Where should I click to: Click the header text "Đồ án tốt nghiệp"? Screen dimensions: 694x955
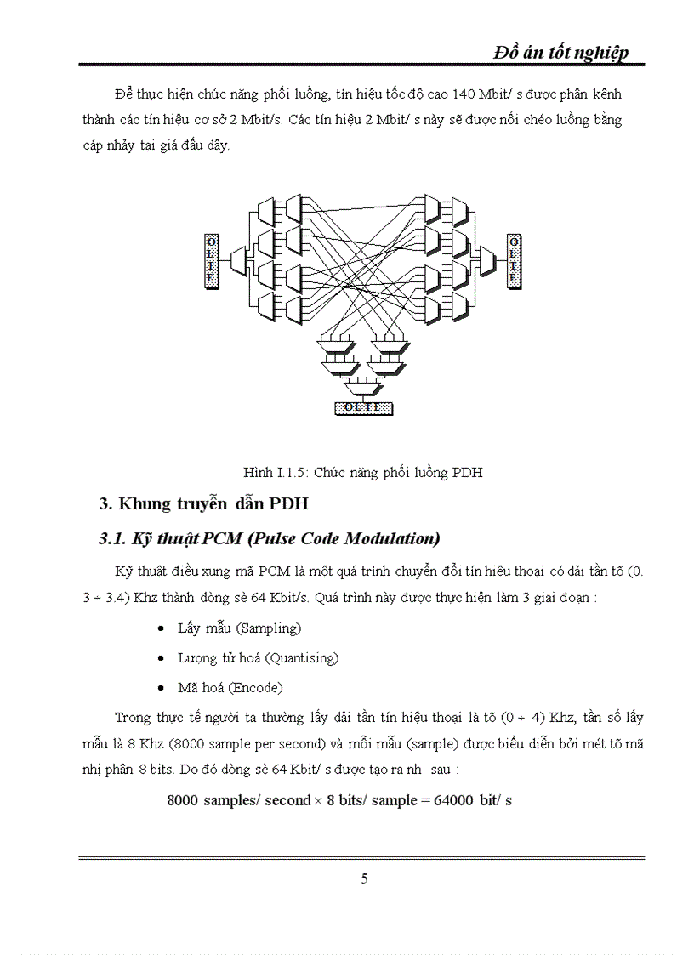coord(561,53)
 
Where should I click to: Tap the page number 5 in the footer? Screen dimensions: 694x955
coord(364,878)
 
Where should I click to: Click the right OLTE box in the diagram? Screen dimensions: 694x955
coord(514,261)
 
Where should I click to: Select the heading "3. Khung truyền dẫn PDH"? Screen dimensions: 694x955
coord(203,503)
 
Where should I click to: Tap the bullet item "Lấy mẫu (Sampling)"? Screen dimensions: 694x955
coord(239,628)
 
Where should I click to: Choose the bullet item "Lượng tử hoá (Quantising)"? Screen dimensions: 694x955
coord(258,657)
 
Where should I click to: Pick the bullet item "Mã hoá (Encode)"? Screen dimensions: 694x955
coord(230,687)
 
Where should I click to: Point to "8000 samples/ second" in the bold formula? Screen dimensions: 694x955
coord(239,801)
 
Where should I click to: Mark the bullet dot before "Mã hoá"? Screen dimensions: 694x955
coord(162,687)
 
